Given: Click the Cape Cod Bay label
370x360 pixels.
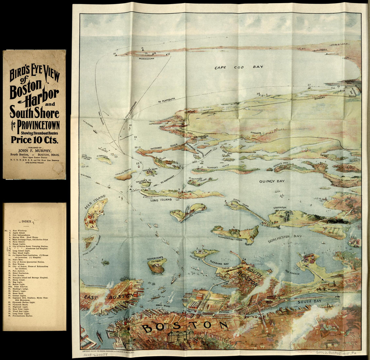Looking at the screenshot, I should pyautogui.click(x=239, y=67).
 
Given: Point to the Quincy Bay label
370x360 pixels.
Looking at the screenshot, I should pyautogui.click(x=272, y=181).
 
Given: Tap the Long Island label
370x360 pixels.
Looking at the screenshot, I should pyautogui.click(x=161, y=200).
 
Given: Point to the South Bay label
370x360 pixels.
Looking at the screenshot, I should pyautogui.click(x=309, y=301).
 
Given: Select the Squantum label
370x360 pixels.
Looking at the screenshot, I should pyautogui.click(x=280, y=208).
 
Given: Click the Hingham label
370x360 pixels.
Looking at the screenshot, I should pyautogui.click(x=256, y=133).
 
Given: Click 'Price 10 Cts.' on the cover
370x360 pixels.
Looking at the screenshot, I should pyautogui.click(x=34, y=139).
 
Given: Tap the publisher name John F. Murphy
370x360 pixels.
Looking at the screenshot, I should pyautogui.click(x=35, y=150).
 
